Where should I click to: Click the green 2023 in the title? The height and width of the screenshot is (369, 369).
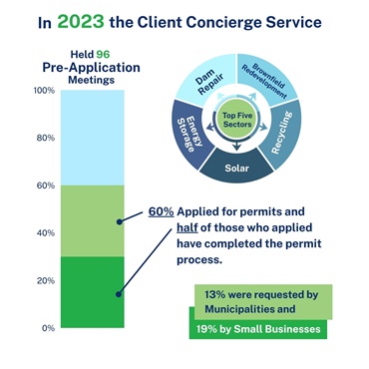81,22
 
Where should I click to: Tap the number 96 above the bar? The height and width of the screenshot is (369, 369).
103,54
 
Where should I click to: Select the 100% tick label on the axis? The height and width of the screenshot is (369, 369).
45,91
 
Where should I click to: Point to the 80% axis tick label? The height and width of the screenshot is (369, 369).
46,138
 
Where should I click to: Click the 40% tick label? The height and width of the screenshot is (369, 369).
46,233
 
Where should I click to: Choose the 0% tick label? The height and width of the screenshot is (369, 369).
48,328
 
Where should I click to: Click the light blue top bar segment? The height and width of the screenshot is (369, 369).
93,138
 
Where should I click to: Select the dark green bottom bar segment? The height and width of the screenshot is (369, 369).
93,292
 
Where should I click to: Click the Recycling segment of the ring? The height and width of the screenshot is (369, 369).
282,133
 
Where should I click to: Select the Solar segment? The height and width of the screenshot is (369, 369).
236,168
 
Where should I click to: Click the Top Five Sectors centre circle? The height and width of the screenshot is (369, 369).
237,121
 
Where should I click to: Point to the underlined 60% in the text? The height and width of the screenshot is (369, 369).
161,211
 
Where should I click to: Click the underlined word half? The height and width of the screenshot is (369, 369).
187,227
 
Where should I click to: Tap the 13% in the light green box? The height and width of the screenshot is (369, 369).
214,294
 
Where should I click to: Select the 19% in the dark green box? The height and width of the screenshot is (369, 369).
206,329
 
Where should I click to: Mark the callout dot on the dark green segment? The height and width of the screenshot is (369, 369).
119,294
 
